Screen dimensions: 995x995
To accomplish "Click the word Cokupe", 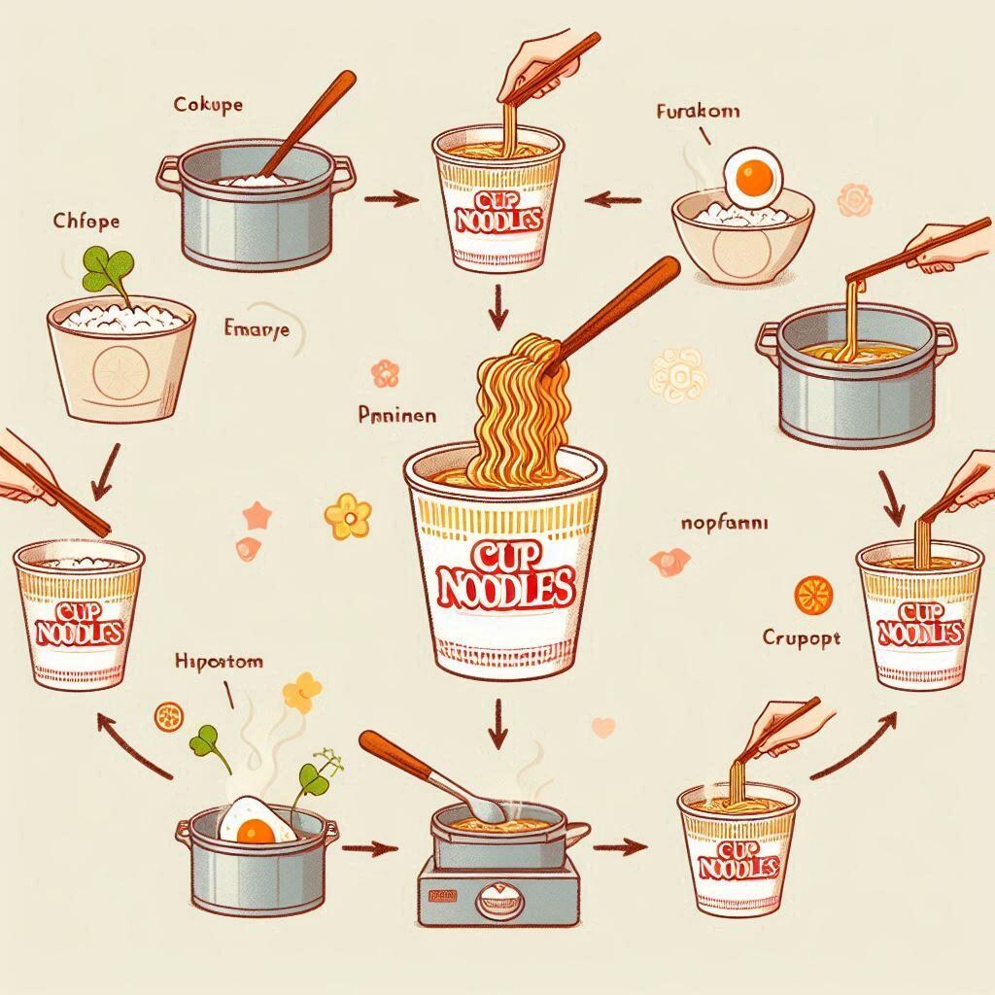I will (x=209, y=104).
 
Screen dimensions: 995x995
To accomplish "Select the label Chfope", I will (x=86, y=221).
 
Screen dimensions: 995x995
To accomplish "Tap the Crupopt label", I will (x=802, y=639).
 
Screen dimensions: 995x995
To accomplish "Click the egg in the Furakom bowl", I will (x=751, y=176).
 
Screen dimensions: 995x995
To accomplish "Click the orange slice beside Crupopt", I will (x=808, y=595).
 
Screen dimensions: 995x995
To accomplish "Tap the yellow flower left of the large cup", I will (x=348, y=516).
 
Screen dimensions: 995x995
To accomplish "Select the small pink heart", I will (x=603, y=725).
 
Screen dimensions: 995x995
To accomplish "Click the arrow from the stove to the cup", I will (x=617, y=846).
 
